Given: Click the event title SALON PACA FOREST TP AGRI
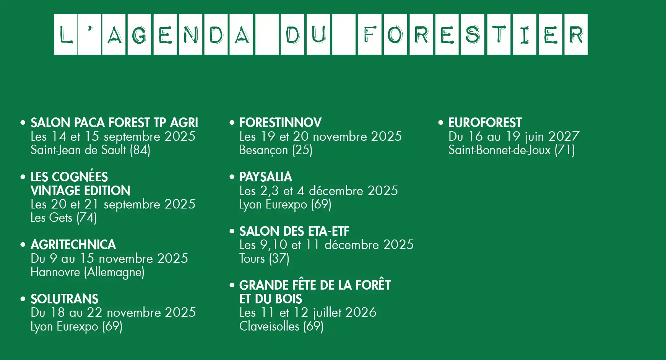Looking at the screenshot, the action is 114,123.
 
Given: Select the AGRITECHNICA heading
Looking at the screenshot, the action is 73,245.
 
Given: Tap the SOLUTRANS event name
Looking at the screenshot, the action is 64,299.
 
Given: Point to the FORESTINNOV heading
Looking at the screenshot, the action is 280,123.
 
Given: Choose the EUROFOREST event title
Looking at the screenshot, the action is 485,123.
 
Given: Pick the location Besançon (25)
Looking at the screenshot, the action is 276,150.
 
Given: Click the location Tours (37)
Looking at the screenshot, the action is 264,259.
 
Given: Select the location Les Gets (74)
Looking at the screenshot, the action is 63,218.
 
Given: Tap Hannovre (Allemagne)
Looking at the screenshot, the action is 88,272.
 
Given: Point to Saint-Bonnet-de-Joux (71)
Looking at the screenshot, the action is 512,150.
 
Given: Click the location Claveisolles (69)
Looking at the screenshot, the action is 281,326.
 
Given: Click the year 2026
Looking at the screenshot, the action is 361,313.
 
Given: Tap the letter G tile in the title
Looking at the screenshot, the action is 139,34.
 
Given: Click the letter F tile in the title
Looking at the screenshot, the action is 370,34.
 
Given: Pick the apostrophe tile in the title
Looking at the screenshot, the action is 89,34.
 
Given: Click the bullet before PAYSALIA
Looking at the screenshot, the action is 232,177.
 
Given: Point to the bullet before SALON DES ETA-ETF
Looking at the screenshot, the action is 232,231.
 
